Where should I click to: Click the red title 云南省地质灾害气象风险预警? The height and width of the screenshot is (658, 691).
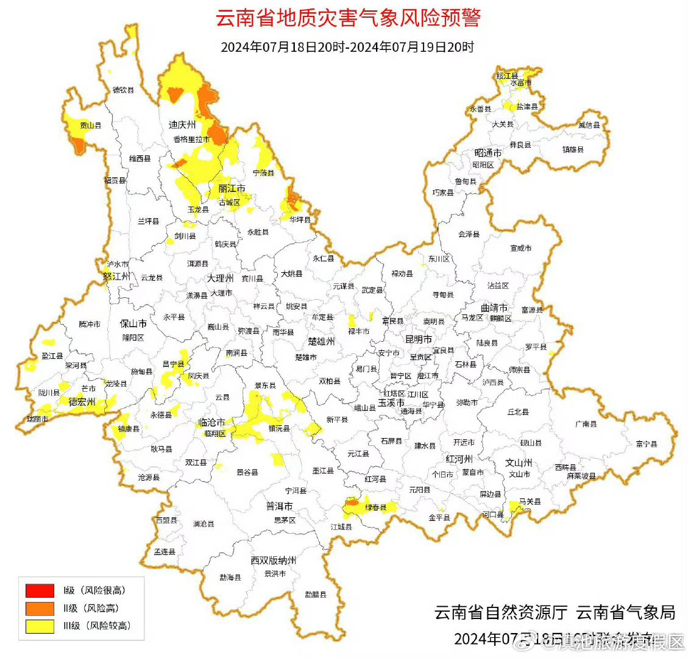tap(348, 18)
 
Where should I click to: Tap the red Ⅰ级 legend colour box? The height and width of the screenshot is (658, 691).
tap(40, 590)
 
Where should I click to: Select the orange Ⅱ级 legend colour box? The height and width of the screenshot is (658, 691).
tap(40, 608)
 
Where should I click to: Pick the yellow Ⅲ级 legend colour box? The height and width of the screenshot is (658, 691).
tap(40, 626)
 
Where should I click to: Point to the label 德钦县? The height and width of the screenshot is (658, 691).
tap(123, 90)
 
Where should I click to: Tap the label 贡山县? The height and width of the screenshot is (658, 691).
tap(91, 126)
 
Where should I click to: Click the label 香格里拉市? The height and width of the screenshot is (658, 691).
tap(191, 140)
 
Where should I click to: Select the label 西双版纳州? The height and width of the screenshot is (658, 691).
tap(273, 560)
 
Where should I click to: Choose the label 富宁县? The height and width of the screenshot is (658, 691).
tap(646, 444)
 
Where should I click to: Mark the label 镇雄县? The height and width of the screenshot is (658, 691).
tap(573, 149)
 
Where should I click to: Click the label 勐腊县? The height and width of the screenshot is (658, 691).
tap(316, 594)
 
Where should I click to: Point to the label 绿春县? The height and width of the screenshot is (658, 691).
tap(375, 508)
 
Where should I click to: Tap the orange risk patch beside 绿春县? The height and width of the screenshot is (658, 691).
tap(352, 504)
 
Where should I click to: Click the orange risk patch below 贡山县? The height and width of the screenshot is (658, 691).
tap(77, 144)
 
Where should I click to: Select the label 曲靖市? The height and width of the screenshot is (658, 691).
tap(494, 308)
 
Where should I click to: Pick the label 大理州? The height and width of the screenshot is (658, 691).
tap(220, 278)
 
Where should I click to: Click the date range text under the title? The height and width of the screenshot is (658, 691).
tap(347, 47)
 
